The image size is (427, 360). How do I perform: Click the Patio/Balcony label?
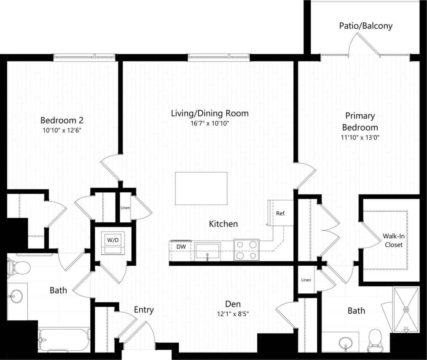tap(365, 26)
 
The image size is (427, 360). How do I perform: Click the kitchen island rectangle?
tap(201, 188)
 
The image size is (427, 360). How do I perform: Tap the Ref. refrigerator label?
tap(281, 213)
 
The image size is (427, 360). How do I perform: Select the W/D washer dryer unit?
tap(113, 243)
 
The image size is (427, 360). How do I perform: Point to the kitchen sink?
tap(207, 251)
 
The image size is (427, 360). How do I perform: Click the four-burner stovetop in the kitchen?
tap(246, 249)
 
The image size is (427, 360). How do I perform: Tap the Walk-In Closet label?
tap(392, 240)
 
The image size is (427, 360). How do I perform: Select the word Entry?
tap(144, 310)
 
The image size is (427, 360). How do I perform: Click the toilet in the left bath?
tap(19, 267)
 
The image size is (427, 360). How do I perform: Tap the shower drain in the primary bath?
tap(406, 309)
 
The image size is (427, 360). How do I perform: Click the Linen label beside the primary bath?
tap(306, 280)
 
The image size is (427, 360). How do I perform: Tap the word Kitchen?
tap(223, 224)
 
